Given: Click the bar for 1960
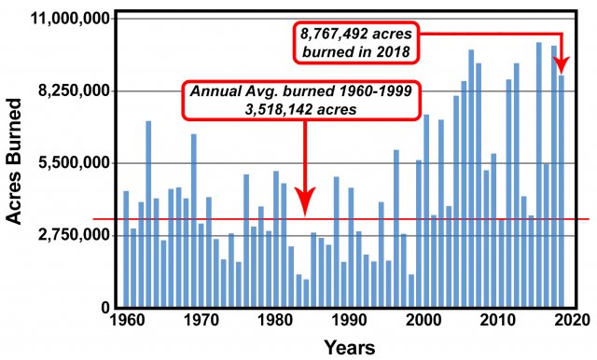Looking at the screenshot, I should click(126, 249).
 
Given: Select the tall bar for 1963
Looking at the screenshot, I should click(148, 214).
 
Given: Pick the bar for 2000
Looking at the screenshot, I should click(419, 233).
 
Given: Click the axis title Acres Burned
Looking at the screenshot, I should click(15, 164).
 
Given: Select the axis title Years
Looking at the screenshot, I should click(349, 348).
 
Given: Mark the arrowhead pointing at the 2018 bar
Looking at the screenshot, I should click(562, 66).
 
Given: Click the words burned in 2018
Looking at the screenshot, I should click(354, 51).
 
